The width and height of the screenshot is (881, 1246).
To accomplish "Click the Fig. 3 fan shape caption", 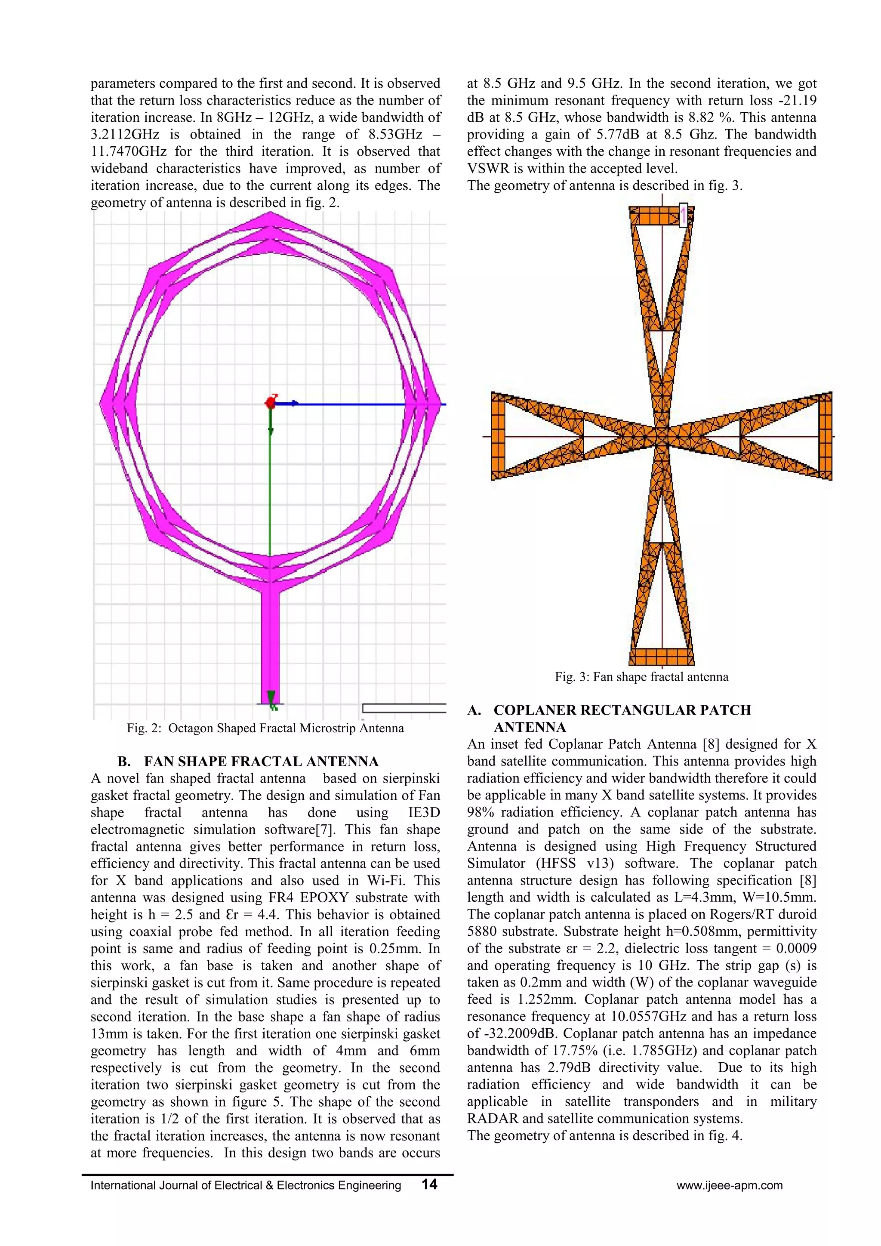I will (x=641, y=677).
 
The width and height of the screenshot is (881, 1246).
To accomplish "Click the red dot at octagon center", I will (x=270, y=403).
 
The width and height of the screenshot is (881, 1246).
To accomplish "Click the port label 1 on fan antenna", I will (x=684, y=214).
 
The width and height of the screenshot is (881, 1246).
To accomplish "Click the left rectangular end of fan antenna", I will (x=498, y=436).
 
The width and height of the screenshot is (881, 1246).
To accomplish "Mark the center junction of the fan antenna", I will (x=661, y=436).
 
